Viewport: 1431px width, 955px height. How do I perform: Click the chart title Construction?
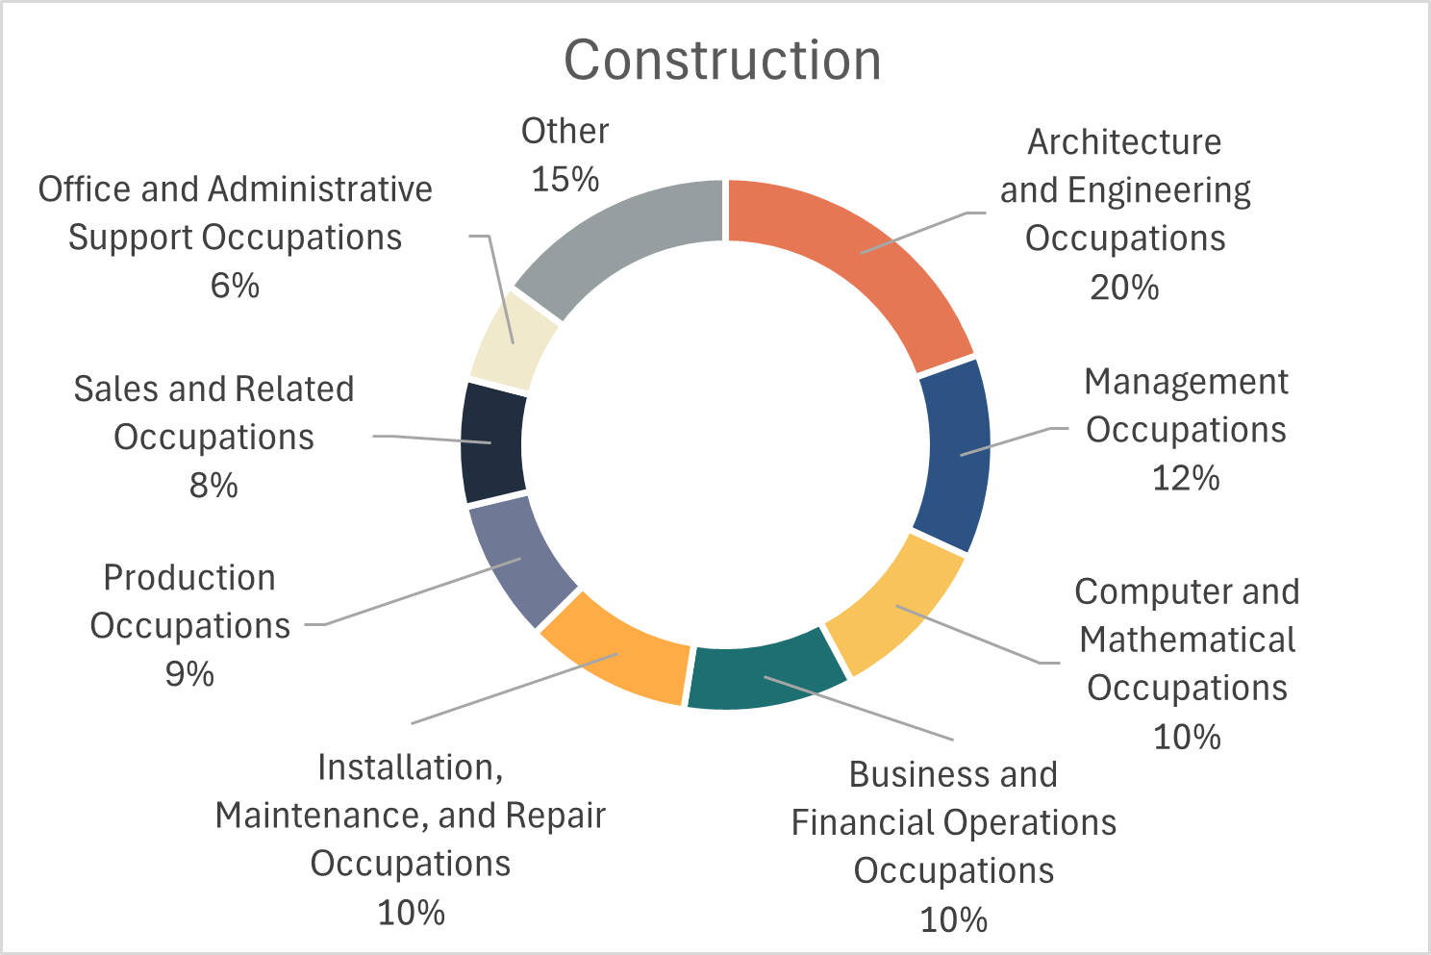click(x=722, y=60)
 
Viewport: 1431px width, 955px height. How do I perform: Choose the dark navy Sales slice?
click(x=491, y=442)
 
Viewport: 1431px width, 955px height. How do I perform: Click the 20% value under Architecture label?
click(x=1124, y=288)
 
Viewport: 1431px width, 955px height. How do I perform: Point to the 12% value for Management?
click(x=1186, y=478)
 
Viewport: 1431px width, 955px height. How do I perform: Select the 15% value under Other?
click(x=565, y=179)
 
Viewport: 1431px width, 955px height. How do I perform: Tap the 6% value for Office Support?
click(x=235, y=286)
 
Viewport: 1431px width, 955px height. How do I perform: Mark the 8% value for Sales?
click(x=213, y=486)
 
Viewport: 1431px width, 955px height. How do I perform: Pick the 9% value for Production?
click(x=189, y=674)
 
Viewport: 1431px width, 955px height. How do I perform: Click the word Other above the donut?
click(x=565, y=131)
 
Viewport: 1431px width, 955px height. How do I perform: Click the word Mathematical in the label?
click(x=1187, y=640)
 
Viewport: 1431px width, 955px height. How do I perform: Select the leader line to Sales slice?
click(x=433, y=439)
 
